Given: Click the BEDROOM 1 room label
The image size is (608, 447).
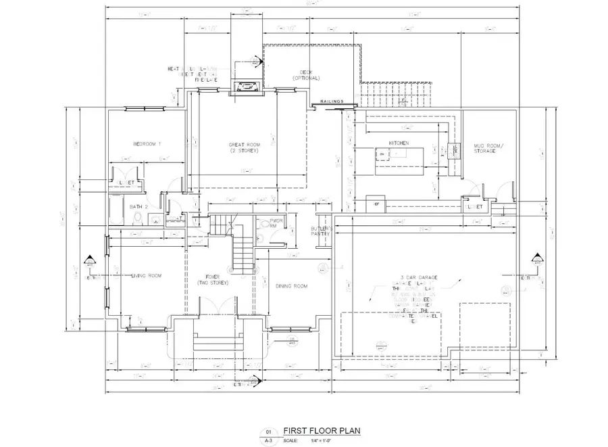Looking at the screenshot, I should click(147, 144).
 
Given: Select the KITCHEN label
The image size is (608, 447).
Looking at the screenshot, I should click(399, 143).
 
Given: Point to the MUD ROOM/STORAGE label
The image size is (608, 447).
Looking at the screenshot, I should click(484, 148).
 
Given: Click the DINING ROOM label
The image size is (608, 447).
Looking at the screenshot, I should click(291, 286).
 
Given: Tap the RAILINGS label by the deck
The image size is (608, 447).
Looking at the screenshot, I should click(332, 101).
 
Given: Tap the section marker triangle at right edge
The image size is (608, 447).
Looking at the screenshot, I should click(537, 258).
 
